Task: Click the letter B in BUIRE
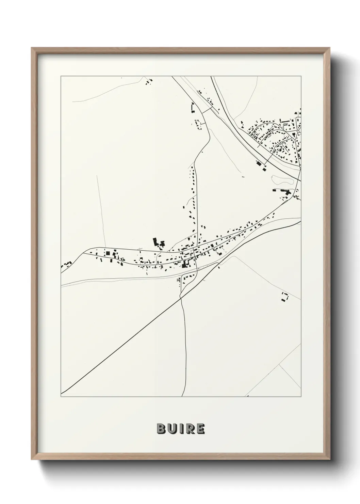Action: (161, 429)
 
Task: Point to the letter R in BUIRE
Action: (189, 429)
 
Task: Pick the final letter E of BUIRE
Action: (200, 429)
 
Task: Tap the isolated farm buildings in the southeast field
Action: (284, 297)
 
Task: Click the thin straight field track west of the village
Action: (100, 211)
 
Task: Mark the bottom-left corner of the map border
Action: (61, 397)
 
